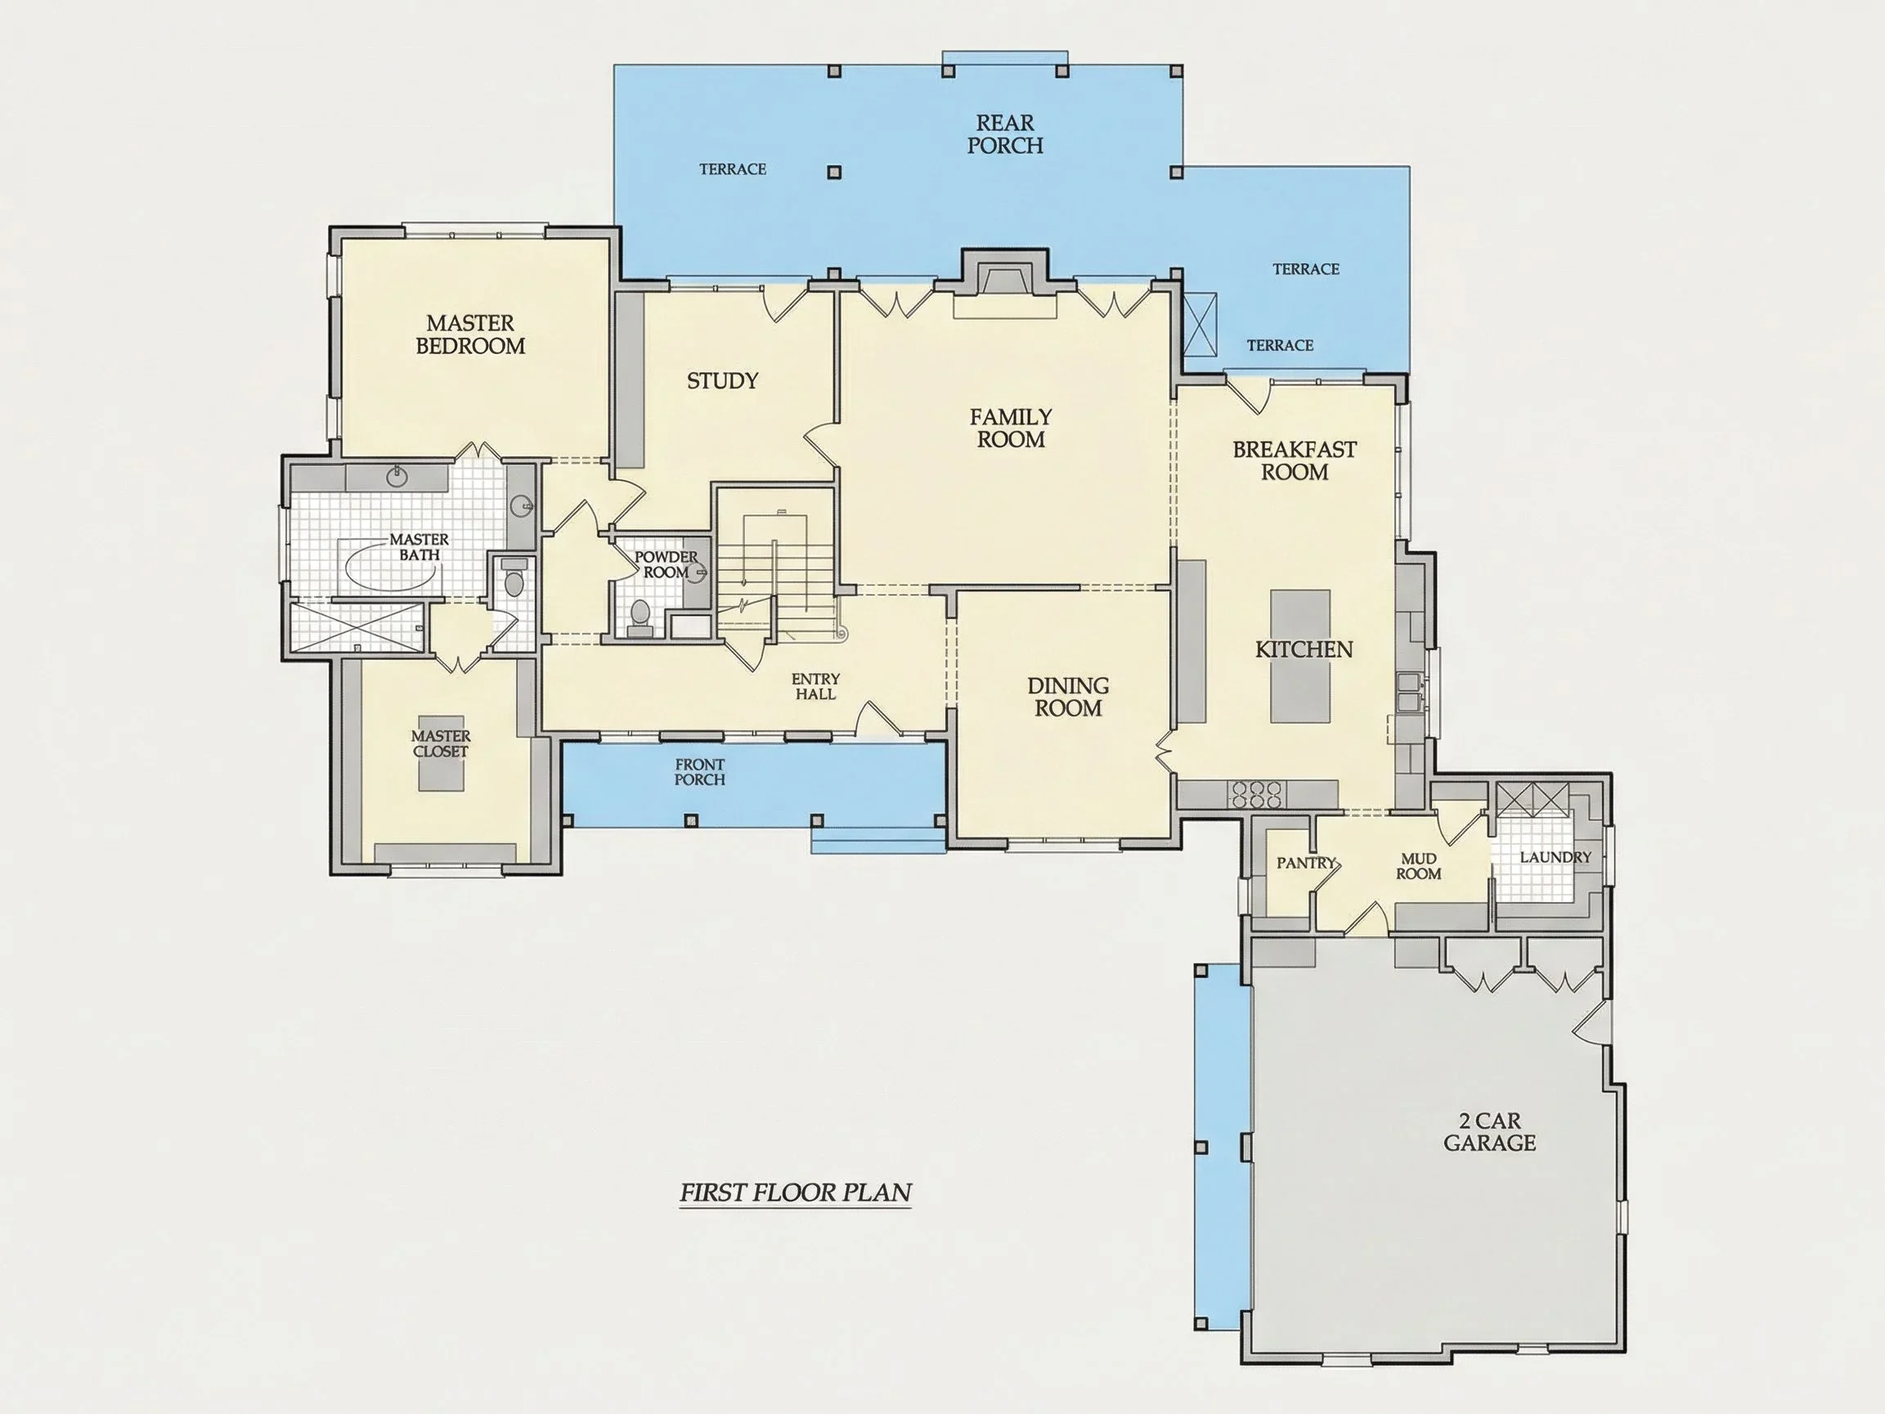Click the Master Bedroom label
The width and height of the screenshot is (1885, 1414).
(470, 334)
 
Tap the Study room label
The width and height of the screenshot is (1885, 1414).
(723, 381)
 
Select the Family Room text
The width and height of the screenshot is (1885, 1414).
(1011, 428)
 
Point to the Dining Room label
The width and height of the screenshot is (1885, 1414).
(1068, 696)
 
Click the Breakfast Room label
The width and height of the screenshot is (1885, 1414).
(1295, 460)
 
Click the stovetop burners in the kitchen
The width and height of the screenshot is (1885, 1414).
(1254, 794)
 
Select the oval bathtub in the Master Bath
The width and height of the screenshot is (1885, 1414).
(390, 563)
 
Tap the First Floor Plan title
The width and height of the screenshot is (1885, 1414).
(795, 1192)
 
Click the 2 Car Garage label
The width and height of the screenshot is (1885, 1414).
(1489, 1132)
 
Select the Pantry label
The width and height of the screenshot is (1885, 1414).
(1305, 863)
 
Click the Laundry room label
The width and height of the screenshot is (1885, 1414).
(1555, 856)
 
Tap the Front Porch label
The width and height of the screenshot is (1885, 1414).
(700, 772)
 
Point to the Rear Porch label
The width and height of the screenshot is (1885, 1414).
(1005, 135)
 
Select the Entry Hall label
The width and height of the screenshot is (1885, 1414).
(815, 686)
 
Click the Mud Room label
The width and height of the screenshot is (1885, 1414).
(1418, 866)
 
